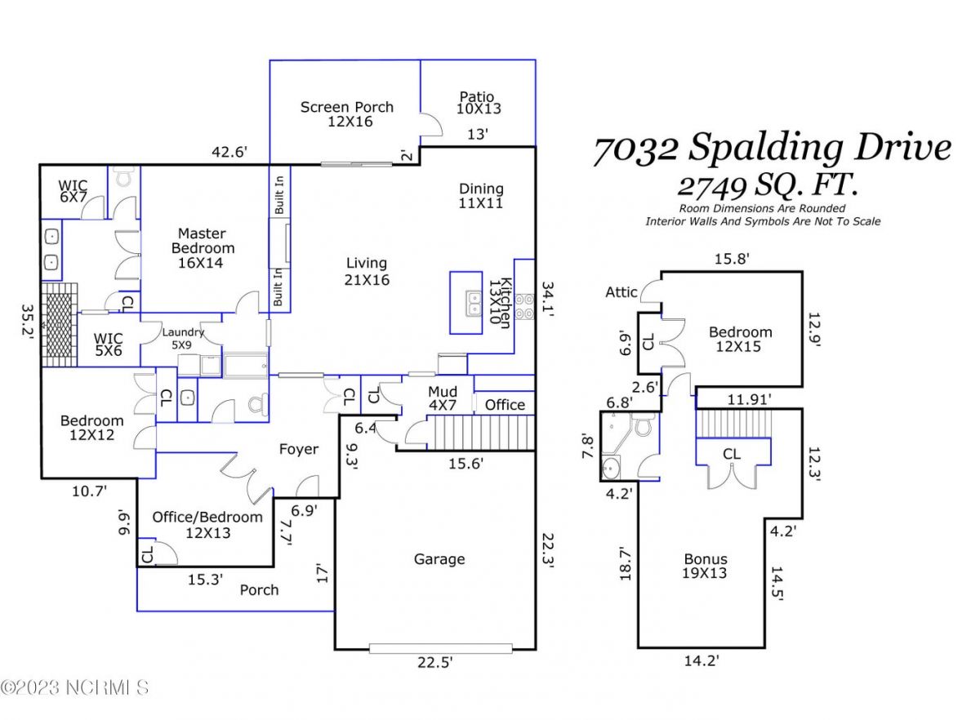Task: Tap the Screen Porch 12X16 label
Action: tap(347, 114)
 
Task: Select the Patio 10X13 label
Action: tap(479, 103)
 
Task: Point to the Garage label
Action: tap(439, 559)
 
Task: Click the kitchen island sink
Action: tap(473, 303)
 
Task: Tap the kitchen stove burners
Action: tap(524, 307)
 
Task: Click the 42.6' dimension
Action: tap(229, 152)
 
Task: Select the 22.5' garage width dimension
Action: tap(434, 663)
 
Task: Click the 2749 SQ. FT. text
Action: tap(768, 185)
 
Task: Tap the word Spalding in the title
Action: tap(766, 149)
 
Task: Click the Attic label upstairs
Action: tap(621, 292)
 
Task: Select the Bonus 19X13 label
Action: tap(706, 566)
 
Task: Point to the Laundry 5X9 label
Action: tap(183, 339)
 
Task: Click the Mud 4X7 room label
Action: tap(443, 398)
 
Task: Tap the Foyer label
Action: tap(299, 449)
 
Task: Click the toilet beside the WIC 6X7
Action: tap(124, 177)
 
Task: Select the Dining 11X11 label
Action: tap(481, 196)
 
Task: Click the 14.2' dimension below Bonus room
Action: tap(702, 660)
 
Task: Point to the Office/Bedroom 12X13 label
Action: tap(207, 525)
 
